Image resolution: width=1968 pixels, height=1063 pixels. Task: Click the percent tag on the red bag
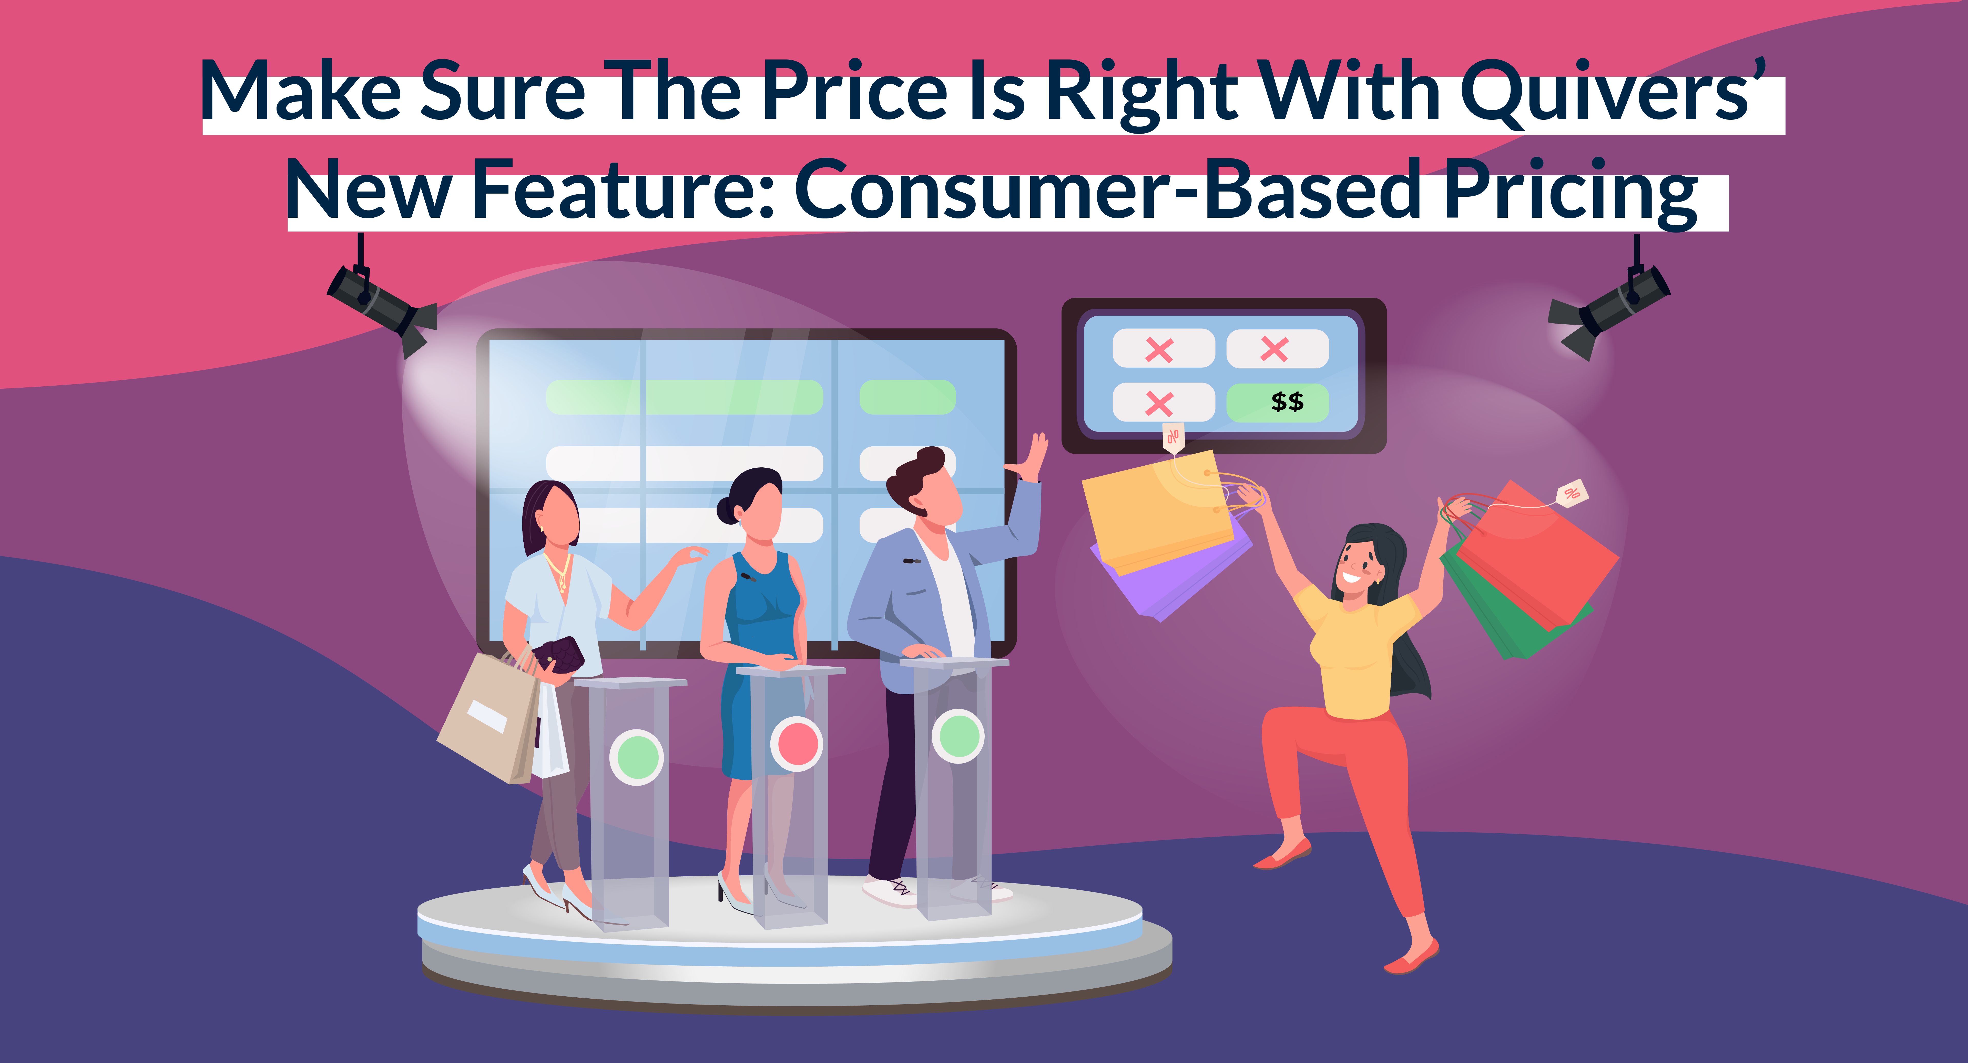coord(1572,493)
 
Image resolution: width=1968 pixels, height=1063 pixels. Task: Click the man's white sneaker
coord(886,890)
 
